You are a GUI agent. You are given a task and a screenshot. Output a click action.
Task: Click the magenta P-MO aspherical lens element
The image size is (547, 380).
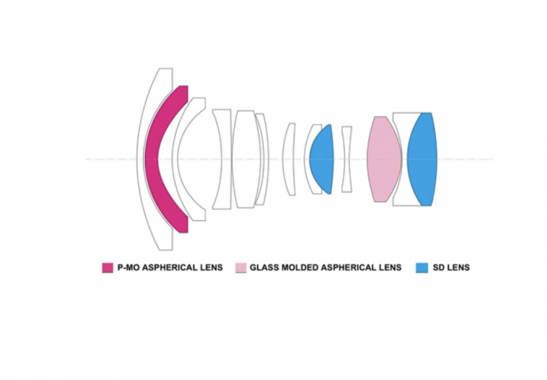152,159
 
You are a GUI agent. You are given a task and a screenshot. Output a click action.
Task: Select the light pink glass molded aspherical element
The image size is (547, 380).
384,159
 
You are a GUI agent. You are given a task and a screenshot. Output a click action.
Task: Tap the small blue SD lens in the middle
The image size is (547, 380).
322,159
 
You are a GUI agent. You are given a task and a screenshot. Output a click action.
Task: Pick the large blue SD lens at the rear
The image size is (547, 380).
422,159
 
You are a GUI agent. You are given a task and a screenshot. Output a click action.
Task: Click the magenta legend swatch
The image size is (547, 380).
107,268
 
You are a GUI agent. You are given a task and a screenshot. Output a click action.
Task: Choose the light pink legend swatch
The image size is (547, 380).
241,268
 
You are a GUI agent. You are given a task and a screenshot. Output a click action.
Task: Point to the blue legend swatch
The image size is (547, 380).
422,268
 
